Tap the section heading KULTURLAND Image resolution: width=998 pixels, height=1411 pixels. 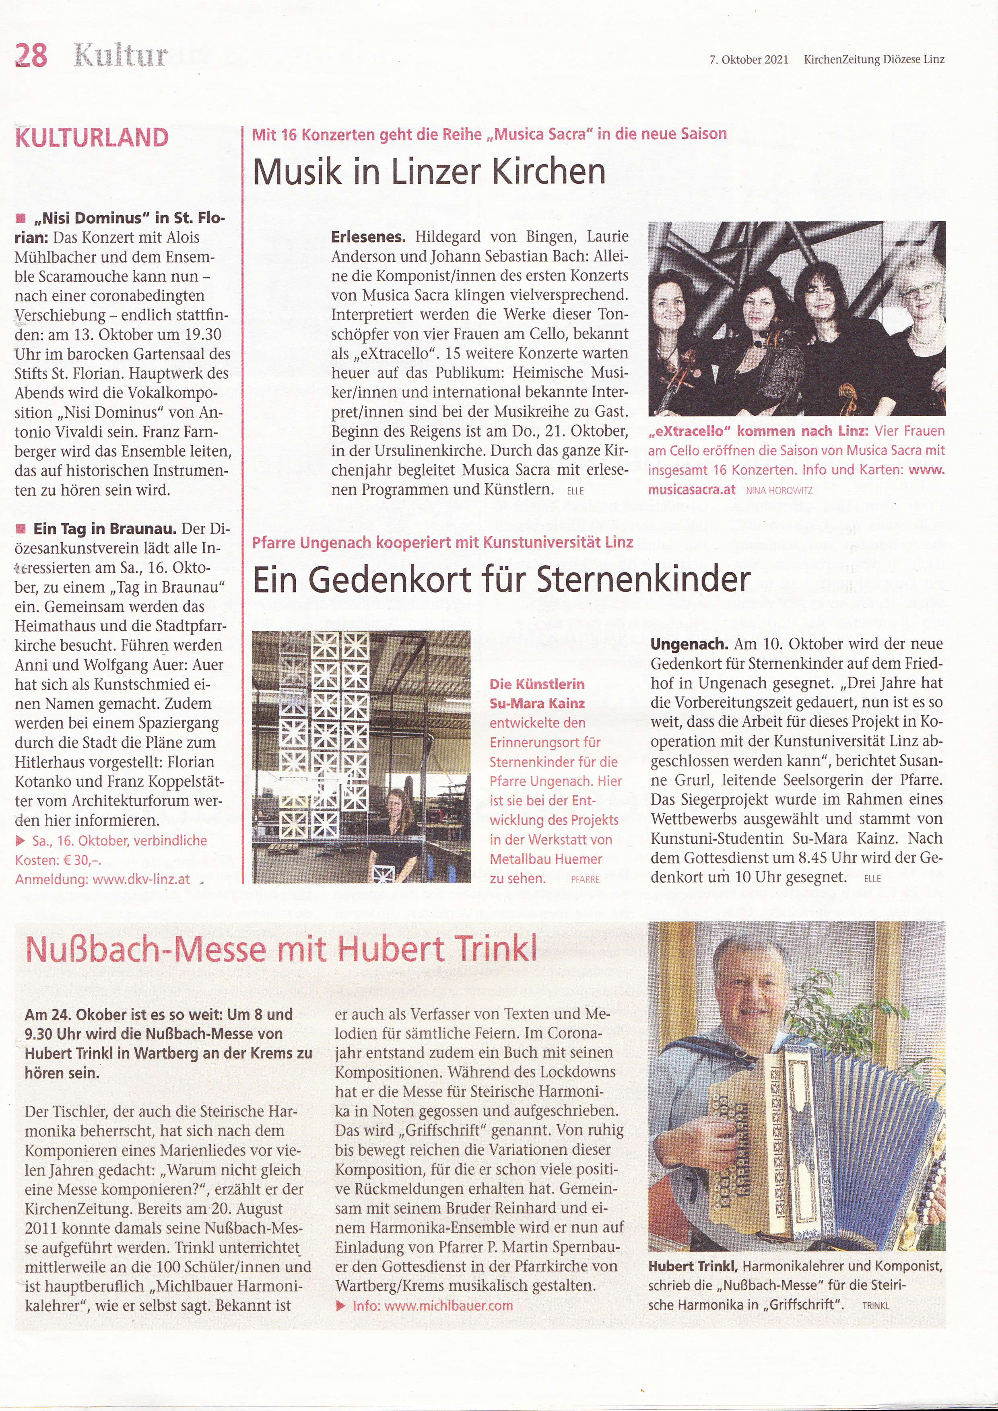(92, 137)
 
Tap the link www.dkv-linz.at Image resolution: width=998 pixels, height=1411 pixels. (141, 879)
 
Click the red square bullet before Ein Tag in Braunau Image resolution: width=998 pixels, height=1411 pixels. (21, 529)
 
